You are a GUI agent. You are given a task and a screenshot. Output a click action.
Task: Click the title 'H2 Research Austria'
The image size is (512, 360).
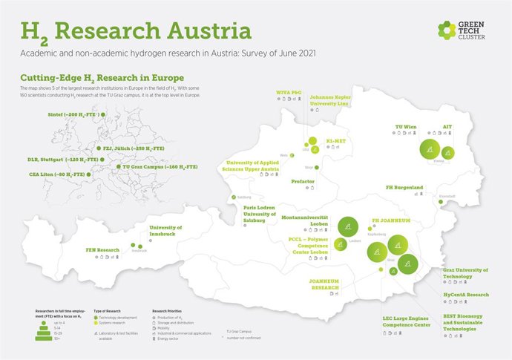136,31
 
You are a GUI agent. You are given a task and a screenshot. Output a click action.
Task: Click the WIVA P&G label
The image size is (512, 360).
289,93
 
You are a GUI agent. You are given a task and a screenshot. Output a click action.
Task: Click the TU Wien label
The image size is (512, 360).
404,128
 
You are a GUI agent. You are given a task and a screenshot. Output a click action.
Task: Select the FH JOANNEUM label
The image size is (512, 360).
390,220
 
